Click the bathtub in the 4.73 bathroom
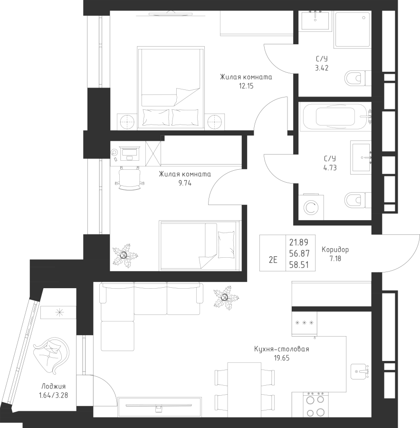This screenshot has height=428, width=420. tap(335, 117)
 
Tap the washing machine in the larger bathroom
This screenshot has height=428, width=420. tap(311, 207)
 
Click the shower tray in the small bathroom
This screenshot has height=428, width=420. tap(353, 29)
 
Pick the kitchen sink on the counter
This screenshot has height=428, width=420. tap(360, 371)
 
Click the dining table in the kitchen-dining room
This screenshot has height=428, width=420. tap(244, 386)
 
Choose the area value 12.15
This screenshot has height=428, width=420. tap(246, 86)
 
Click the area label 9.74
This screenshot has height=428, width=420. tap(185, 183)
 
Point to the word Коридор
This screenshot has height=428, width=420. tap(335, 250)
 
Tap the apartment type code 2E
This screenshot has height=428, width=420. tap(273, 260)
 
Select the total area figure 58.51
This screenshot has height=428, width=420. tap(299, 265)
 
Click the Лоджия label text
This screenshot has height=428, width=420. tap(54, 387)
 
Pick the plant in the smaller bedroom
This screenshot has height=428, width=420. tap(125, 256)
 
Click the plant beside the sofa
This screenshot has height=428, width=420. tap(226, 298)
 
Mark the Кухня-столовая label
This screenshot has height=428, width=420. tap(281, 349)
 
